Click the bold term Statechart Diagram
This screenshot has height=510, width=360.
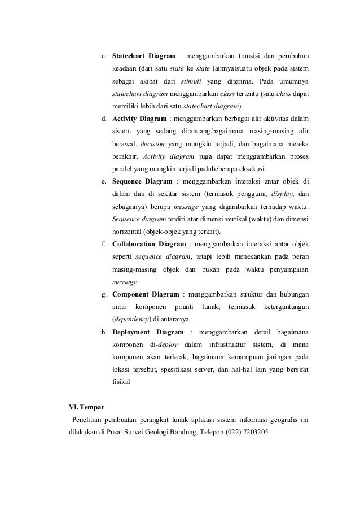coord(144,56)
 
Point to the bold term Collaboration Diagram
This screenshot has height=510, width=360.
coord(149,244)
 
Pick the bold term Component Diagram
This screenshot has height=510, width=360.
coord(146,294)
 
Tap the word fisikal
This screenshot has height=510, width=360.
coord(121,382)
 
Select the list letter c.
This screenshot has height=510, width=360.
coord(103,56)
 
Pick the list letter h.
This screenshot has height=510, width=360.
coord(104,332)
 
